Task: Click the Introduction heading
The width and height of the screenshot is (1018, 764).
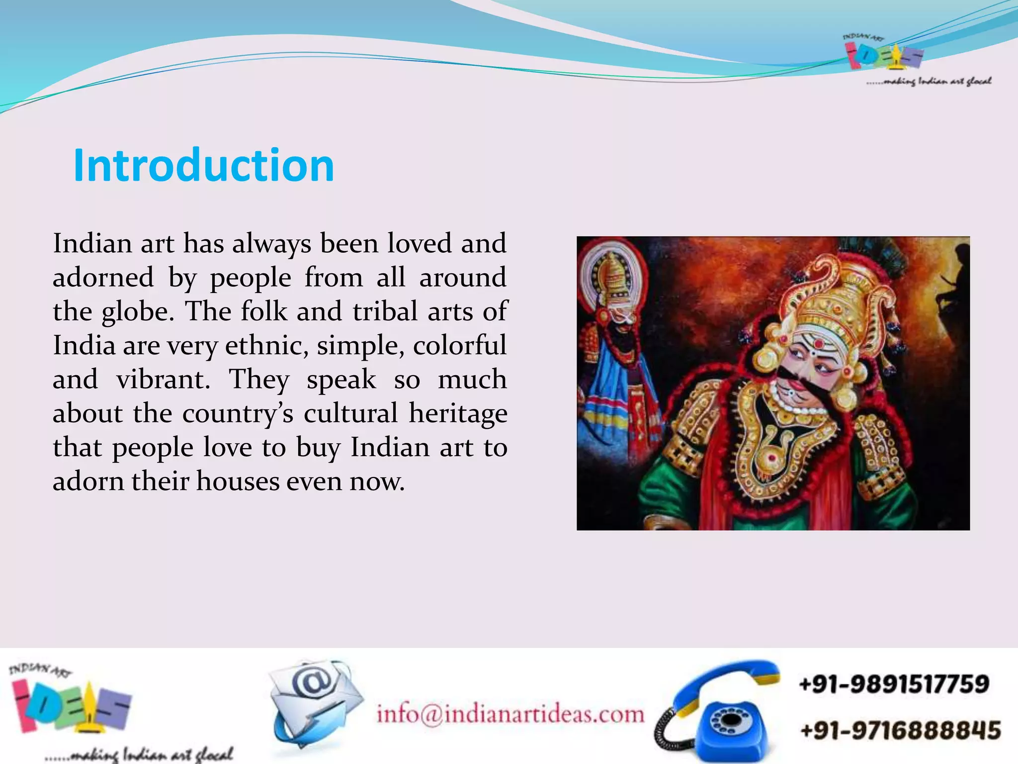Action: (204, 166)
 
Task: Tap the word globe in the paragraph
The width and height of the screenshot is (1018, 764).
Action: (138, 312)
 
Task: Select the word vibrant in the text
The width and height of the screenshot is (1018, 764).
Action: (163, 380)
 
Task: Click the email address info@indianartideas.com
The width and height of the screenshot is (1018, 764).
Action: (510, 714)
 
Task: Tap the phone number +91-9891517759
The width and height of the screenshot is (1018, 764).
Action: (894, 684)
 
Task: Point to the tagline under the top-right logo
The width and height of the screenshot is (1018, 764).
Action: (929, 81)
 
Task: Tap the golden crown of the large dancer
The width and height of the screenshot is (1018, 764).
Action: (840, 298)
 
